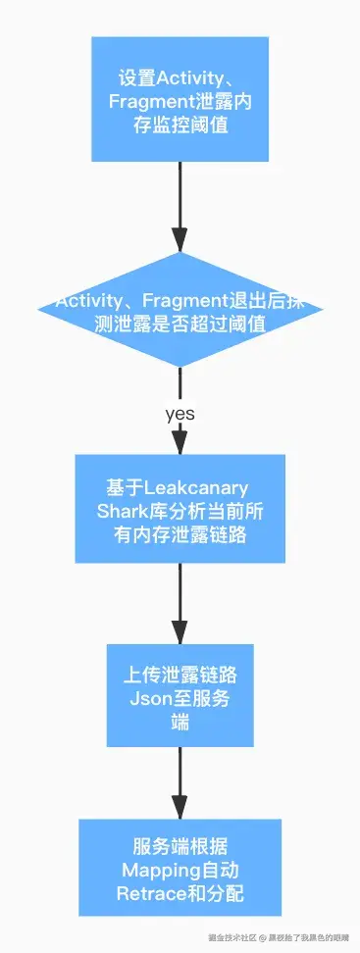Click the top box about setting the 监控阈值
[180, 99]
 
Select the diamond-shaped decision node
[180, 311]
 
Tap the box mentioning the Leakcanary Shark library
[180, 508]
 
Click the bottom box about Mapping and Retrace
[180, 869]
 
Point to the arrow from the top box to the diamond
[180, 206]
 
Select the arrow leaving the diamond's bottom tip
[180, 387]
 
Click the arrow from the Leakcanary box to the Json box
[180, 602]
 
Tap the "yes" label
[180, 414]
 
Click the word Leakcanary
[196, 487]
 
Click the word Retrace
[147, 893]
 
